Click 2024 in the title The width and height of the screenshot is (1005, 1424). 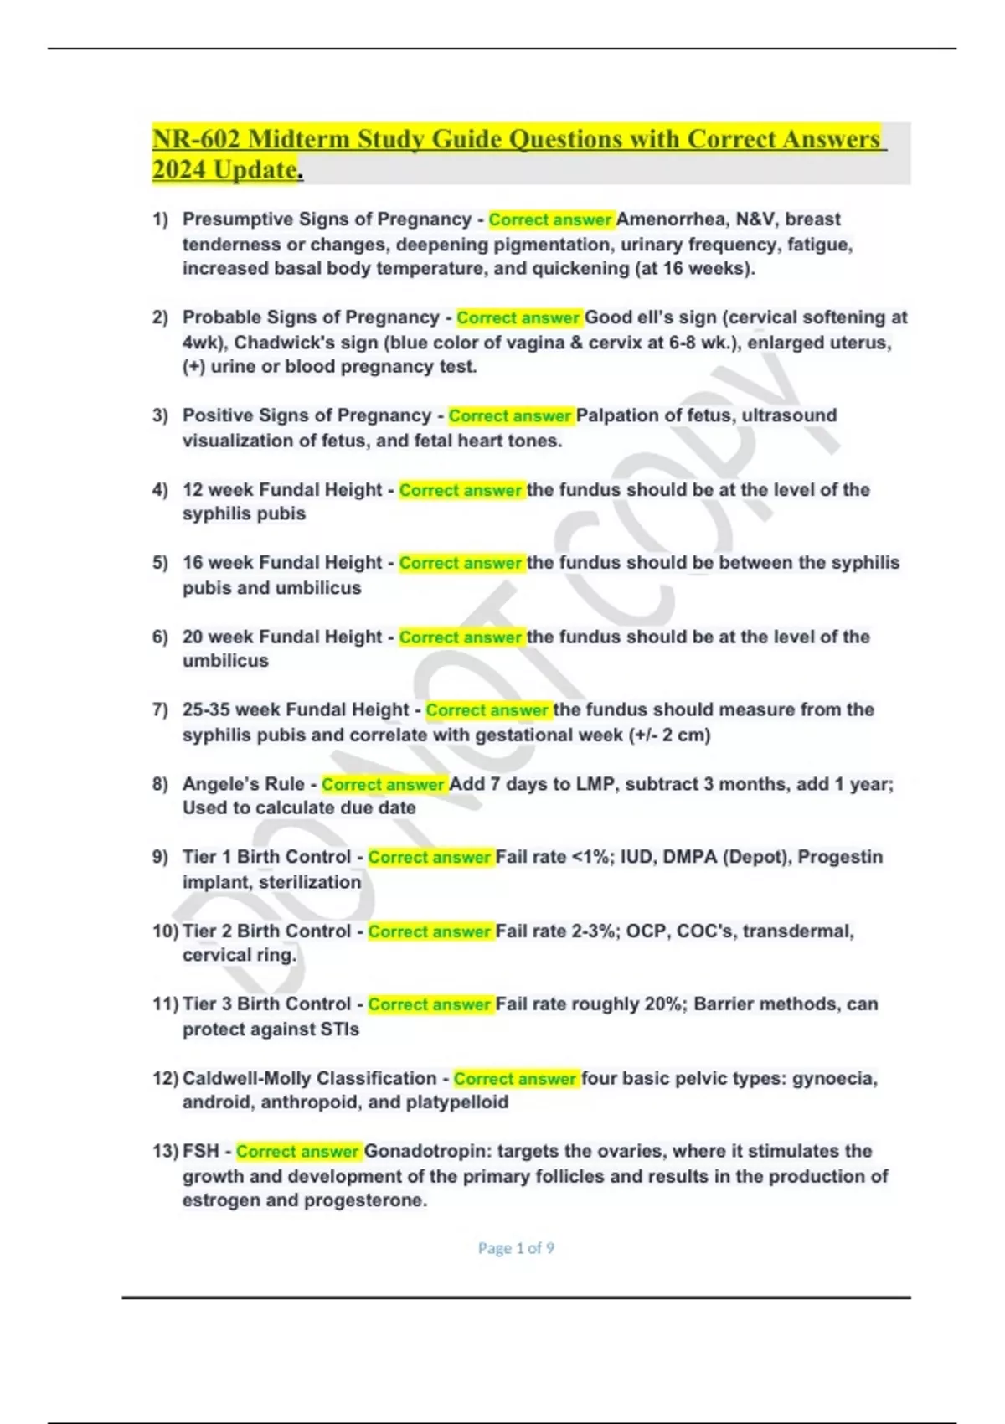click(x=179, y=170)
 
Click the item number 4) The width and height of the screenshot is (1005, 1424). click(x=160, y=490)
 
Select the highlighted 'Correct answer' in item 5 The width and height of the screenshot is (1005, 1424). click(x=461, y=563)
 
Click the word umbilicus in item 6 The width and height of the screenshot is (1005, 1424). click(x=225, y=661)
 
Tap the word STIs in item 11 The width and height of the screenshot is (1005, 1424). click(x=338, y=1029)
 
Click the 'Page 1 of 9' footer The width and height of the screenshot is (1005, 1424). click(x=516, y=1248)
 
